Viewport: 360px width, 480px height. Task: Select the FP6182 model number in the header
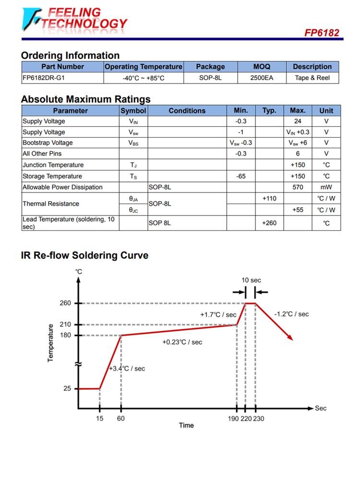click(x=322, y=33)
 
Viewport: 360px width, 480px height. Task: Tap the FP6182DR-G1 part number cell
click(x=44, y=78)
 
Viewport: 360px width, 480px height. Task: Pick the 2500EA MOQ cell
click(x=262, y=78)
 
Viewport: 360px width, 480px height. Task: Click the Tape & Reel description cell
click(x=312, y=78)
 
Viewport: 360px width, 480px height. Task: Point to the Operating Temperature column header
click(x=144, y=67)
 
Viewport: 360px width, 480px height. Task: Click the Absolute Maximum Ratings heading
click(x=85, y=99)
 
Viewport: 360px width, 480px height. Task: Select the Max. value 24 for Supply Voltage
click(x=298, y=121)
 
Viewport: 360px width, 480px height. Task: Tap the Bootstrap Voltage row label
click(x=48, y=143)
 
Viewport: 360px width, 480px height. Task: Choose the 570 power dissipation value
click(x=298, y=187)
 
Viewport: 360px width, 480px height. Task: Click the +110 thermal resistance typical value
click(x=269, y=198)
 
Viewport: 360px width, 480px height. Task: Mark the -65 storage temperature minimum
click(x=241, y=176)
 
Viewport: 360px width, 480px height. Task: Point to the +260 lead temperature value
click(x=269, y=223)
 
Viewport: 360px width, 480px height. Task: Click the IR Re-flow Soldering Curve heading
click(x=84, y=255)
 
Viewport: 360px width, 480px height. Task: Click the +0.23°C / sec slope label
click(x=182, y=342)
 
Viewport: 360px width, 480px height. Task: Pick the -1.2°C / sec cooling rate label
click(x=291, y=314)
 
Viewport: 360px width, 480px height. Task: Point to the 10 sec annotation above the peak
click(x=251, y=280)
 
